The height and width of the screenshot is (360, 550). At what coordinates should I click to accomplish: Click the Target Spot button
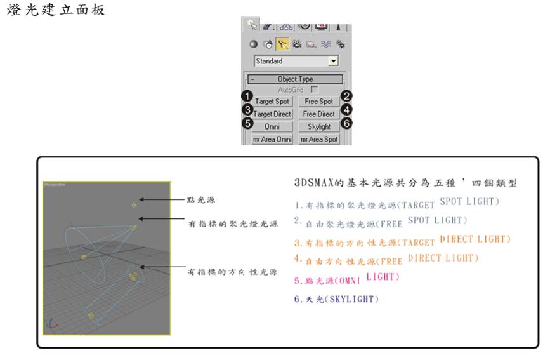tap(273, 102)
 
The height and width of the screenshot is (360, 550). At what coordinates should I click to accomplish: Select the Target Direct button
tap(273, 114)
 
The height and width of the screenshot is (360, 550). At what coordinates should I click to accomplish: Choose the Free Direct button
tap(318, 114)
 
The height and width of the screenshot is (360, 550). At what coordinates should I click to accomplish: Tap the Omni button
tap(273, 126)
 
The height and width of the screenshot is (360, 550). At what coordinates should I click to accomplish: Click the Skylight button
tap(318, 126)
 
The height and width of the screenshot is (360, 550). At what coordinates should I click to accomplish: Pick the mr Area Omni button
tap(273, 139)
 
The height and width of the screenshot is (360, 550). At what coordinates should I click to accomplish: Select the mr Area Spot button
tap(319, 139)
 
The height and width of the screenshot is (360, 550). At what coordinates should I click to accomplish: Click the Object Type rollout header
tap(296, 80)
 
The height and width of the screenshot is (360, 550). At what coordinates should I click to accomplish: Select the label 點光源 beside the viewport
tap(203, 200)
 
